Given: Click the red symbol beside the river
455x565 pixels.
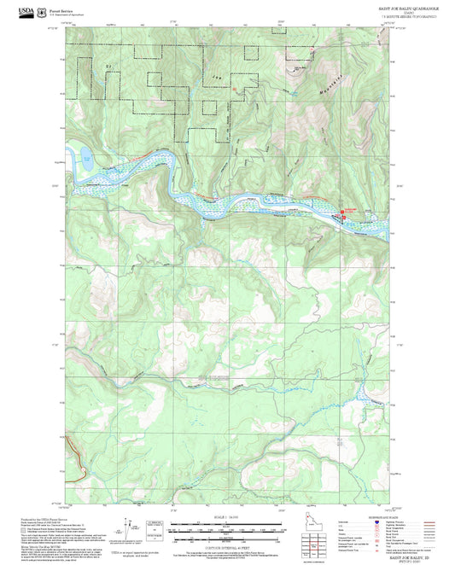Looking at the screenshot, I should (x=344, y=214).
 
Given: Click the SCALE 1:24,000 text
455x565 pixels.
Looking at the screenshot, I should (x=225, y=516).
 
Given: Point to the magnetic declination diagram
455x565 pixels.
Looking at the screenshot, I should (x=132, y=527).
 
